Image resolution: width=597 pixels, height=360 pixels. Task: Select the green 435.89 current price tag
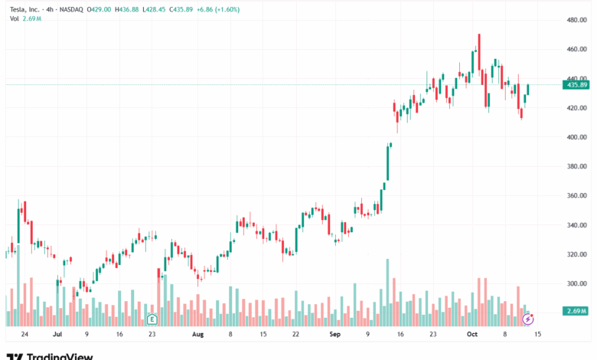point(577,85)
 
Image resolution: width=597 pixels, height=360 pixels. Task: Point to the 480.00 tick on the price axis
point(577,20)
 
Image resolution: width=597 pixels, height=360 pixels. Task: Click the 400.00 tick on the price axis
point(577,137)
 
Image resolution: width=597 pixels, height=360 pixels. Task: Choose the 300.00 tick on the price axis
point(577,283)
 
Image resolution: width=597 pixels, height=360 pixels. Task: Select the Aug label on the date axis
point(197,335)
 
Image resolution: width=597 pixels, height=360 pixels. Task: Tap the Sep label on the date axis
point(334,335)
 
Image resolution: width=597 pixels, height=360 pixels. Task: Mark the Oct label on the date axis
point(473,335)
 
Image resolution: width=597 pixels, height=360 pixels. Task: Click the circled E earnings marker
point(152,318)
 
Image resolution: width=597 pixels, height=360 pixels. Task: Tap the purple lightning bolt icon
point(527,318)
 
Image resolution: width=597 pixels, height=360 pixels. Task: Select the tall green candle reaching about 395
point(387,162)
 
